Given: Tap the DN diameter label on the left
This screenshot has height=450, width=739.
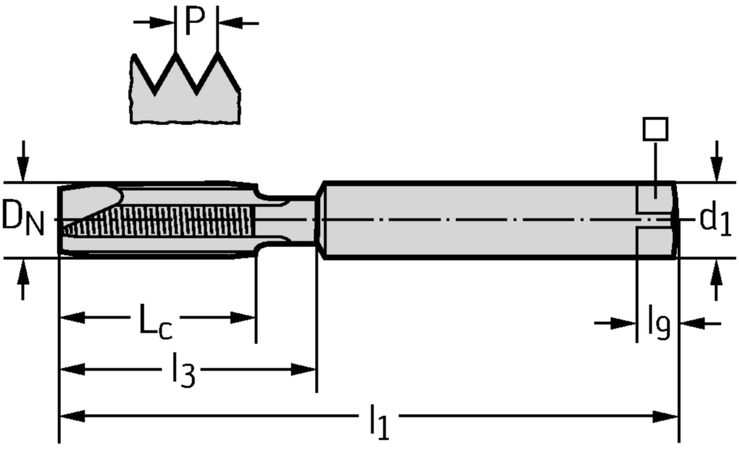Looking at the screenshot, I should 22,219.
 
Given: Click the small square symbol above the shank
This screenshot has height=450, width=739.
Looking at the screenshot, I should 655,129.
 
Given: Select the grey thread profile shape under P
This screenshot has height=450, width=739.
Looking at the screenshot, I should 185,97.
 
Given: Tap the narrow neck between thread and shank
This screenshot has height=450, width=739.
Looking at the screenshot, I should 289,219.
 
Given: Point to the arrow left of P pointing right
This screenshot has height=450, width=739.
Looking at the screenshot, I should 162,22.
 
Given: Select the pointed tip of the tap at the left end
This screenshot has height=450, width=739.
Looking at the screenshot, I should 63,229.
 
